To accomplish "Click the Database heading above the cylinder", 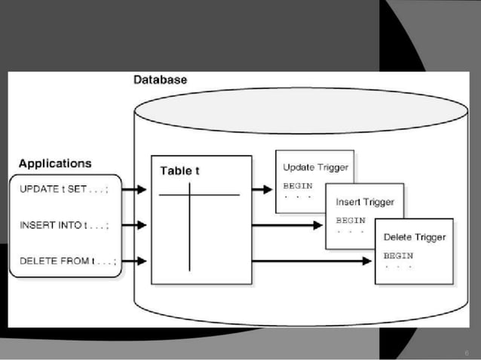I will pyautogui.click(x=160, y=79).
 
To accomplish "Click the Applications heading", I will pyautogui.click(x=55, y=163).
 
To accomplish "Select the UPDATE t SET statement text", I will pyautogui.click(x=63, y=190).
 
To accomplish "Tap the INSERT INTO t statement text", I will pyautogui.click(x=63, y=224).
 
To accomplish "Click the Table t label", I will pyautogui.click(x=179, y=171).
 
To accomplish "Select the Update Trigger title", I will pyautogui.click(x=315, y=167).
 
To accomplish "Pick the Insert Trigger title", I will pyautogui.click(x=365, y=202).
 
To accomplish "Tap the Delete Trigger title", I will pyautogui.click(x=415, y=237).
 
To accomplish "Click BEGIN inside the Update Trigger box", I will pyautogui.click(x=297, y=185).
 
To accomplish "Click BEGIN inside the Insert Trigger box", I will pyautogui.click(x=350, y=220).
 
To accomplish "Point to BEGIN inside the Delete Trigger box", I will pyautogui.click(x=399, y=255).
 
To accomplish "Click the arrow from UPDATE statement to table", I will pyautogui.click(x=134, y=190).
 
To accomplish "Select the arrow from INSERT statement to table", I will pyautogui.click(x=134, y=224).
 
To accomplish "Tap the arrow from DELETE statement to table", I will pyautogui.click(x=134, y=261).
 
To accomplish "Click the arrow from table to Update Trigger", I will pyautogui.click(x=262, y=190).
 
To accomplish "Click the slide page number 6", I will pyautogui.click(x=467, y=352).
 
